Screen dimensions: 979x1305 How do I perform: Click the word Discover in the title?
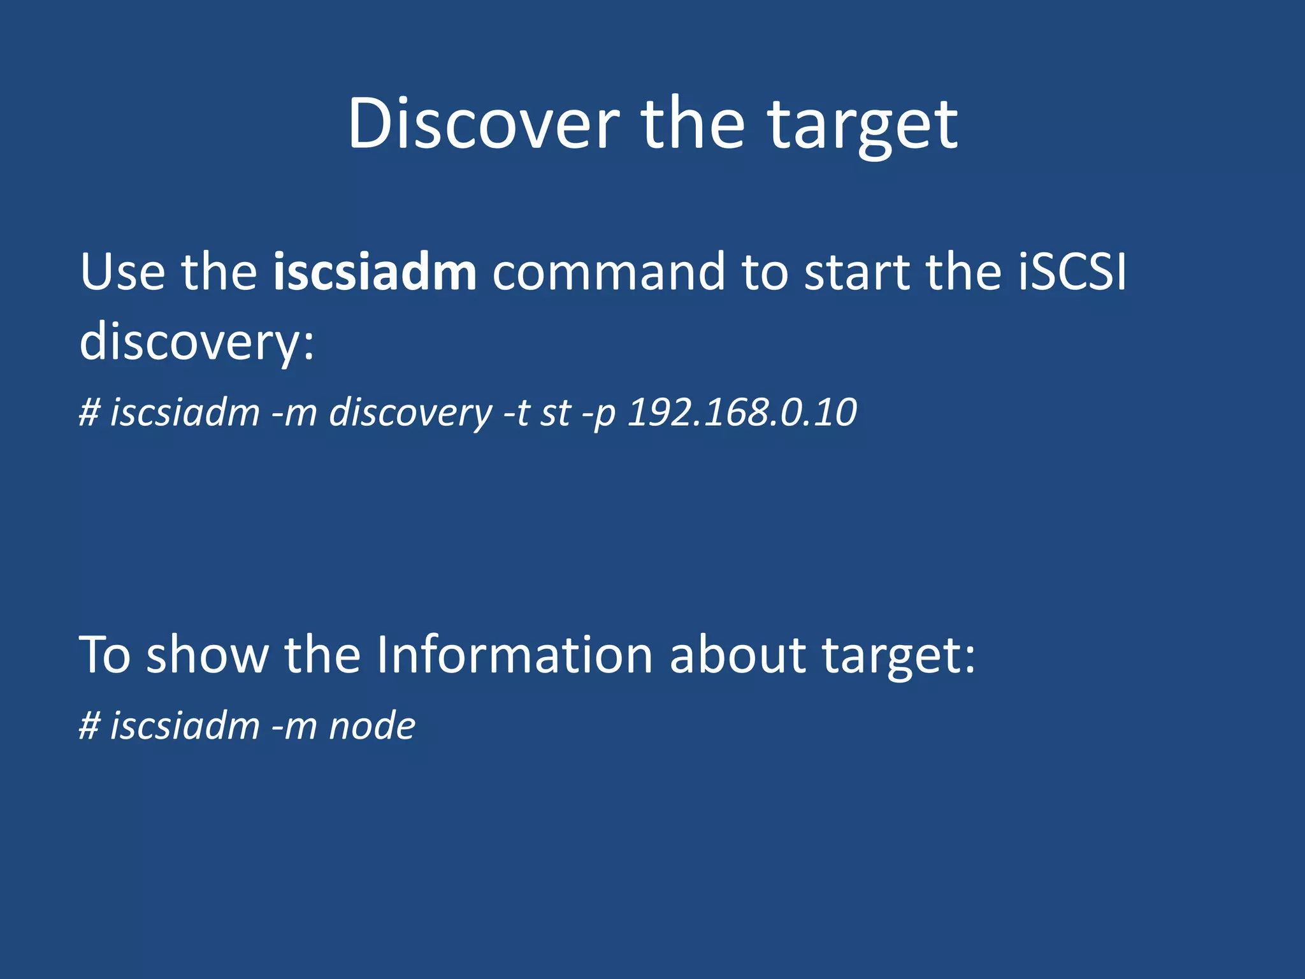(482, 124)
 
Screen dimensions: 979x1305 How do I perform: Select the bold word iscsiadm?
(375, 272)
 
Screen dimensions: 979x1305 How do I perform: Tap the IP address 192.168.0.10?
(742, 412)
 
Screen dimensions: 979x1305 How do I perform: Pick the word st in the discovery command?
(556, 413)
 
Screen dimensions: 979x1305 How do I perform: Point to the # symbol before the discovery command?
(90, 412)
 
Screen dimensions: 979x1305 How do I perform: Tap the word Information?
(514, 655)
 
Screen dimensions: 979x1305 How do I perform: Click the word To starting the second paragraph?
(105, 655)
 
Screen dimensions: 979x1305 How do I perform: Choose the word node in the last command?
(372, 726)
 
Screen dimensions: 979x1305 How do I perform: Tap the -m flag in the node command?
(294, 726)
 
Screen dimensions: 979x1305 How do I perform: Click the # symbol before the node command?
(90, 726)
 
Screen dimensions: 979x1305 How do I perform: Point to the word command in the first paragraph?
(609, 272)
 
